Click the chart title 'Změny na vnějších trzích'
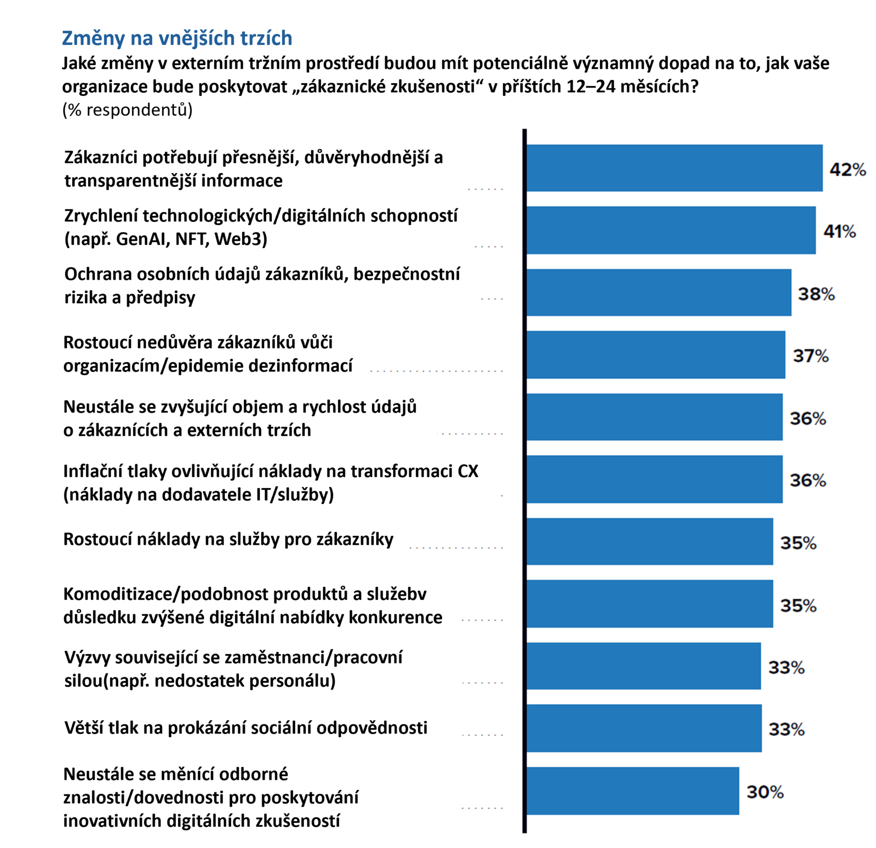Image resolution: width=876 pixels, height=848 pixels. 177,38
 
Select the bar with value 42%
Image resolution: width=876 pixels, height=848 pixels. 674,168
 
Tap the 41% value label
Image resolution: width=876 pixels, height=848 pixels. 839,232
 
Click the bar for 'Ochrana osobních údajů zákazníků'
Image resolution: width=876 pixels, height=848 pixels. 659,293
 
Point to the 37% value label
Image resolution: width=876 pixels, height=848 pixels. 810,356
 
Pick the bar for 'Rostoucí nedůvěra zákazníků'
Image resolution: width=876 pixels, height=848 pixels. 656,355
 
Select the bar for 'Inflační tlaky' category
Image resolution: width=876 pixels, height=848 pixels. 654,479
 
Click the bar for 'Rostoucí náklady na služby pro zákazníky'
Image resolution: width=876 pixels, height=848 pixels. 650,542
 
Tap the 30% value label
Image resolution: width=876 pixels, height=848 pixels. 765,792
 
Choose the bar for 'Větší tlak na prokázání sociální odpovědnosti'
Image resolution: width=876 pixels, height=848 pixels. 644,728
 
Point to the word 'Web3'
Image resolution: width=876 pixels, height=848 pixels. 241,240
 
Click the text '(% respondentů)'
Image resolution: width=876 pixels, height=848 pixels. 127,110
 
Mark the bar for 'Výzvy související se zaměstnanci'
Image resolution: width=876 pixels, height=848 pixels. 643,666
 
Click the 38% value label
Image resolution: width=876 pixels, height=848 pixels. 816,294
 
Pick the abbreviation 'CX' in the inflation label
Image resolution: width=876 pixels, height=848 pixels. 467,471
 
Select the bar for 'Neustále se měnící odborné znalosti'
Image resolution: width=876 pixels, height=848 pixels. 633,791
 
